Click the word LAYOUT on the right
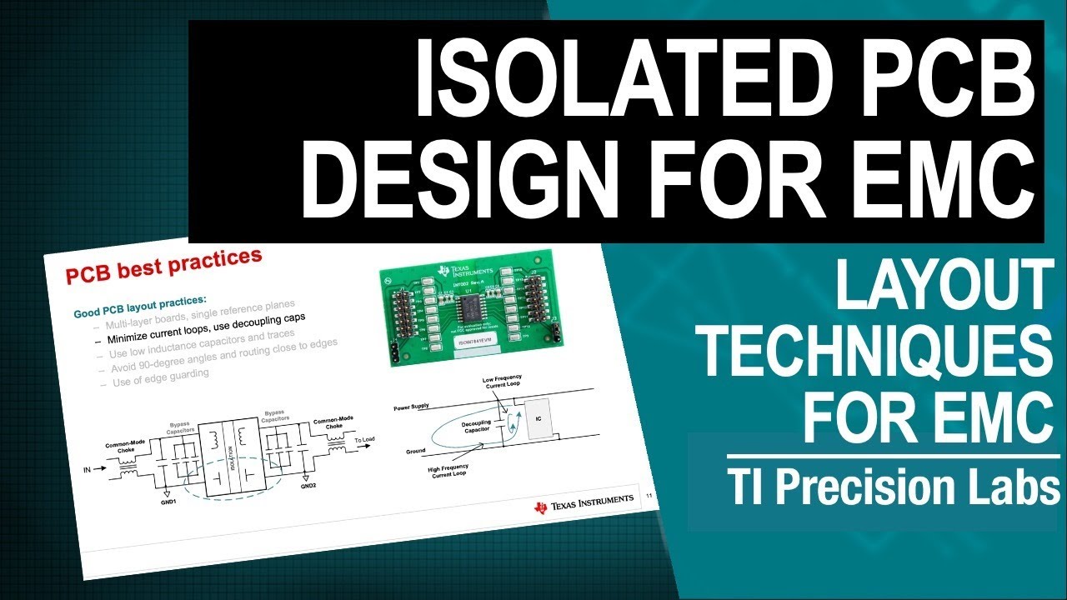click(x=942, y=285)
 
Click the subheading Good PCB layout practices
click(x=139, y=305)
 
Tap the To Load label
click(x=365, y=439)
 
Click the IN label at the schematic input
click(x=86, y=469)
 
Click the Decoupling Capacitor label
click(x=476, y=427)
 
